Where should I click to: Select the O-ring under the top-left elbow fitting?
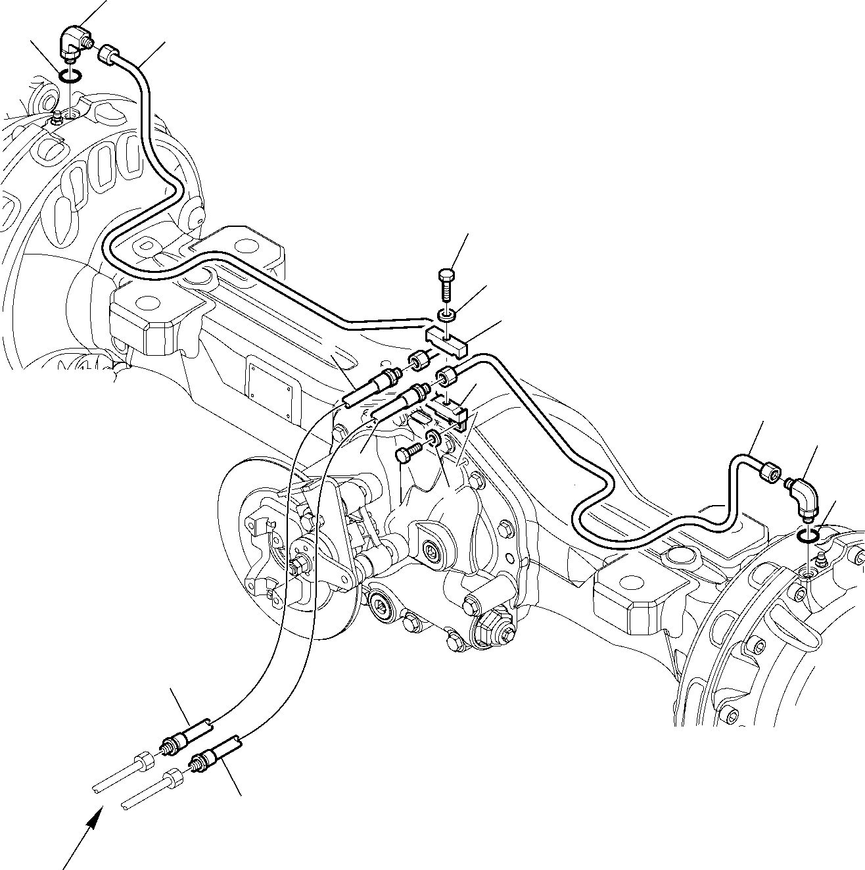[x=70, y=76]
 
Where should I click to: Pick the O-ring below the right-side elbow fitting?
[x=808, y=537]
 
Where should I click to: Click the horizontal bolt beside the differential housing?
[x=406, y=453]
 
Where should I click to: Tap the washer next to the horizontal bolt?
[x=434, y=438]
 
